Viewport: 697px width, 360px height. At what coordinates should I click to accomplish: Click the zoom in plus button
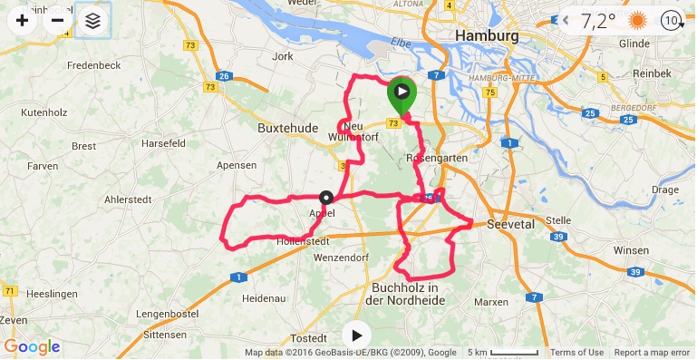[x=23, y=19]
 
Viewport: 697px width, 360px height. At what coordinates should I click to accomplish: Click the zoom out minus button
[x=58, y=19]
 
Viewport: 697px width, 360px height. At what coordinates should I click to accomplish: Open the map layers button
[x=93, y=19]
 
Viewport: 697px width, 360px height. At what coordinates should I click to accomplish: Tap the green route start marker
[x=401, y=95]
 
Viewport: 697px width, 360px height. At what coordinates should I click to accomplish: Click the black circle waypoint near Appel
[x=325, y=197]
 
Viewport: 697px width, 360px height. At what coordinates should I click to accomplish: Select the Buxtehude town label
[x=288, y=129]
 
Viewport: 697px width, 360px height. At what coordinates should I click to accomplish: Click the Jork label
[x=284, y=56]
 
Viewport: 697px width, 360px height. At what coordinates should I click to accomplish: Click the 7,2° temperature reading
[x=598, y=19]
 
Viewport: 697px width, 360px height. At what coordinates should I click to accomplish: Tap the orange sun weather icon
[x=639, y=19]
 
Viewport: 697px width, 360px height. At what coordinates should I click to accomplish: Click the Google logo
[x=32, y=346]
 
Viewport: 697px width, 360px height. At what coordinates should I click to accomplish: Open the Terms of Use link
[x=576, y=353]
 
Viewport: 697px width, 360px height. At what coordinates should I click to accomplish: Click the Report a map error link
[x=652, y=353]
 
